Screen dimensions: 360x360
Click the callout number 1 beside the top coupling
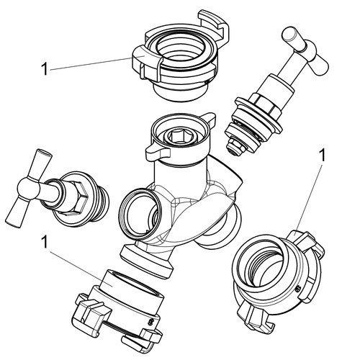coord(45,69)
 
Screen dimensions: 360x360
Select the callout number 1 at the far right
coord(323,155)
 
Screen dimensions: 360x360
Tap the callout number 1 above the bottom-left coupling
coord(45,242)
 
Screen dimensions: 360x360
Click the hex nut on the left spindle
coord(76,196)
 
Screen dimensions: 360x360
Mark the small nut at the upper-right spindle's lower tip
coord(235,146)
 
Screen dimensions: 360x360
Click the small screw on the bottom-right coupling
coord(298,289)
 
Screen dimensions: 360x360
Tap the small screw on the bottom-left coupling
coord(151,321)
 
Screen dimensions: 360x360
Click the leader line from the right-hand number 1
coord(310,199)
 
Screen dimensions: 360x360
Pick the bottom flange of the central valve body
coord(146,262)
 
